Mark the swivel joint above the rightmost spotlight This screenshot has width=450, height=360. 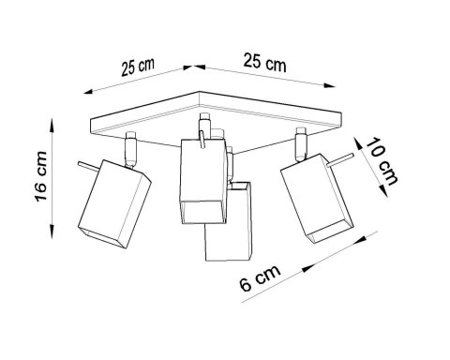pos(301,142)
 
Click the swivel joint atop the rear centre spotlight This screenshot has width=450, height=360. pos(201,127)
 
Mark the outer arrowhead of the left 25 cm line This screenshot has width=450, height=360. pos(87,90)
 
